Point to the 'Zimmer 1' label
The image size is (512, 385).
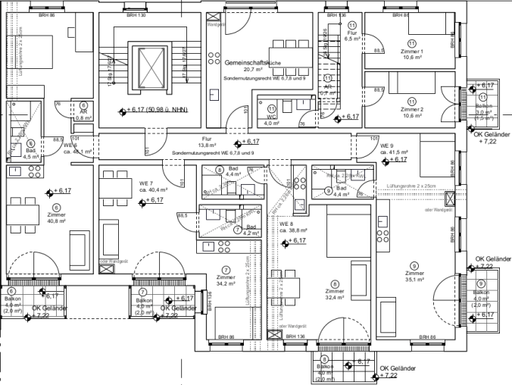[412, 51]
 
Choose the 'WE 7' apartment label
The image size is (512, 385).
[146, 184]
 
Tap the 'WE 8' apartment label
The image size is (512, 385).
[286, 224]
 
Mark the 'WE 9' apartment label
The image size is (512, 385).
[386, 146]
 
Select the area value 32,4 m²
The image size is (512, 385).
[334, 298]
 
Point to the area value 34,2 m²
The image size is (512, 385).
[226, 283]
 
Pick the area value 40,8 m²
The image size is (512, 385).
[57, 221]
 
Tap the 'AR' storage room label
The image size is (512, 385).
[83, 112]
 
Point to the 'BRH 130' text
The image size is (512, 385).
[136, 14]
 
